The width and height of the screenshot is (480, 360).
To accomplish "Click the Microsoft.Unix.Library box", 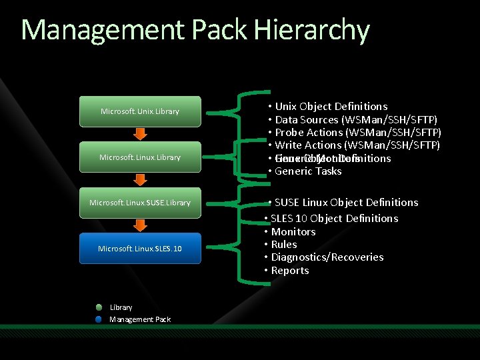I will [x=139, y=111].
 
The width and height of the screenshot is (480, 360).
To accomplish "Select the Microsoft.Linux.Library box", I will [x=139, y=157].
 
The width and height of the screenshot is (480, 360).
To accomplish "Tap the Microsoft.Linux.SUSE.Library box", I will [x=139, y=203].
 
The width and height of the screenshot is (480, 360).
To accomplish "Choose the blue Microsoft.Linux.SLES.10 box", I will [x=139, y=249].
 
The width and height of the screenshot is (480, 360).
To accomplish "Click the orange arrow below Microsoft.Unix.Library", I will [x=140, y=134].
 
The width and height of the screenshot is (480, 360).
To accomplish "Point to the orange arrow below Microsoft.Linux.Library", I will [x=140, y=179].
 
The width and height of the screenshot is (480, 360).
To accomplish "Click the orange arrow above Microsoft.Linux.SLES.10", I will [x=140, y=225].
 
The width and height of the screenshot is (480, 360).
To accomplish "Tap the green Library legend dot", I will [x=99, y=307].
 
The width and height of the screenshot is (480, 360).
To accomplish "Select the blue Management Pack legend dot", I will [x=99, y=319].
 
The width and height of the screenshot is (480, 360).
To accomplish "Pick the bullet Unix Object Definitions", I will [x=331, y=107].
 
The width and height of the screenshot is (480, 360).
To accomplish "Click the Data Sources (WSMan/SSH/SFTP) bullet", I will [x=356, y=120].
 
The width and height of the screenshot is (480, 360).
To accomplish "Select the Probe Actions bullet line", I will [x=358, y=133].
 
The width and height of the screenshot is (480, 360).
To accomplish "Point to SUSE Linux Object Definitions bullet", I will [x=346, y=203].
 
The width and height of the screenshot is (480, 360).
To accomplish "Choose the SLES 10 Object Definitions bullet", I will [x=334, y=219].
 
